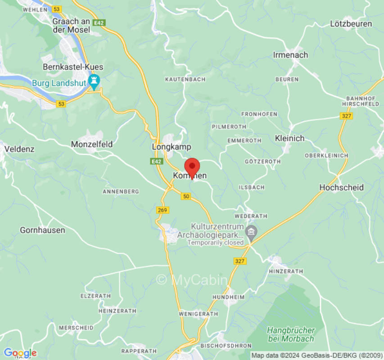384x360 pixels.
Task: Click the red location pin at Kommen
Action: point(192,166)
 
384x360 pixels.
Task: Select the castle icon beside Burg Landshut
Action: point(94,82)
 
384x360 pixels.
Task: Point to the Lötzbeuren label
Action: point(351,24)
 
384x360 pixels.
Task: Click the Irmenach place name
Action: point(290,55)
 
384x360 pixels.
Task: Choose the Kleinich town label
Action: point(289,138)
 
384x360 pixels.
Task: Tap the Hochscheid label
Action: point(341,187)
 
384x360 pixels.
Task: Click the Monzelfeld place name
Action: point(92,144)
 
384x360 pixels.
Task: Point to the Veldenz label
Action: point(19,148)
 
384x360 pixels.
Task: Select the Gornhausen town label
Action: point(42,230)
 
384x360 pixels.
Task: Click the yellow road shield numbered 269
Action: point(163,210)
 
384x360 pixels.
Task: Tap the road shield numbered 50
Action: point(186,196)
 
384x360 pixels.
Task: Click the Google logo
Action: point(20,353)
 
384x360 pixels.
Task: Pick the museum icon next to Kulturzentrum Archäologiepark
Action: point(252,233)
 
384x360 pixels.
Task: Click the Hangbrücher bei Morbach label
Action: point(290,334)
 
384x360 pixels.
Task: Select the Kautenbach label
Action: point(185,79)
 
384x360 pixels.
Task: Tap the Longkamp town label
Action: point(172,147)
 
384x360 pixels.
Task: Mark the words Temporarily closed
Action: point(216,243)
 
